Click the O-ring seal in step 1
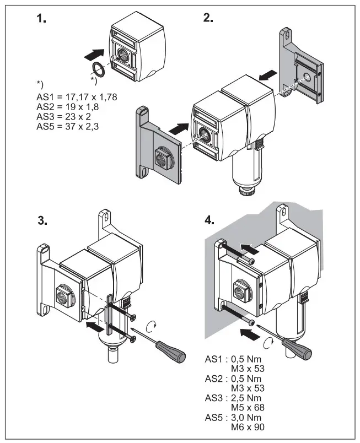pyautogui.click(x=98, y=69)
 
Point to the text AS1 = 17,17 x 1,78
pyautogui.click(x=77, y=97)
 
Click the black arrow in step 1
pyautogui.click(x=94, y=54)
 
